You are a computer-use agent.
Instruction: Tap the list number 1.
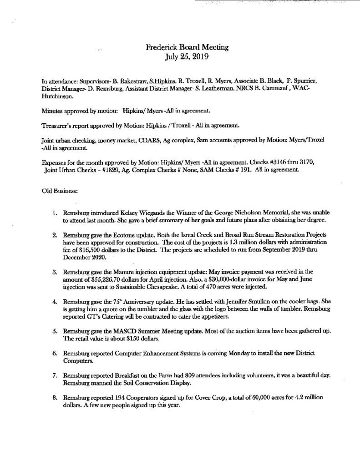[x=55, y=213]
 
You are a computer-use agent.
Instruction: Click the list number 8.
[x=55, y=397]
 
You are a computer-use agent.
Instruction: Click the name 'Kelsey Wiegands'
[x=127, y=213]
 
